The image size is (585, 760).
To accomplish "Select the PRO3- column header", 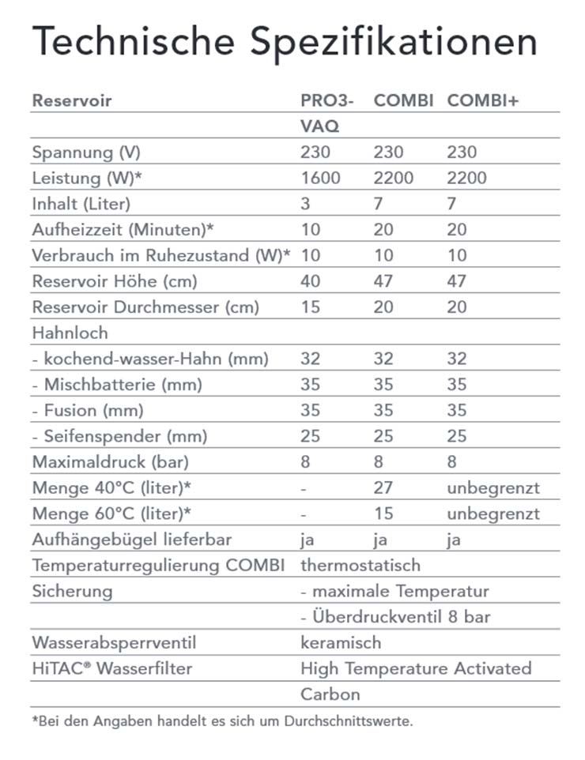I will point(327,101).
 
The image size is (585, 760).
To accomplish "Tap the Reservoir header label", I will point(72,101).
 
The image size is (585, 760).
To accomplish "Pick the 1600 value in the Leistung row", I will point(320,178).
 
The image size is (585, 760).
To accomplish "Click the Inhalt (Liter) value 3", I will point(306,204).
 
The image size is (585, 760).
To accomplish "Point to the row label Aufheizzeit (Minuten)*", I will point(123,230).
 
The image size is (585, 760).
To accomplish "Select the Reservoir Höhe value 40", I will point(311,281).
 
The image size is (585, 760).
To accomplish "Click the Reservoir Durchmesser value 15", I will point(311,307).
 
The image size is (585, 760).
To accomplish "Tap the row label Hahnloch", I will point(70,333).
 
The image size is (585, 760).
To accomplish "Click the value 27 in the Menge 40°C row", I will point(383,488).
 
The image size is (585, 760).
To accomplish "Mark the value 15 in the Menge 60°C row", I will point(383,514).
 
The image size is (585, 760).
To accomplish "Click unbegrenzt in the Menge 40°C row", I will point(493,488).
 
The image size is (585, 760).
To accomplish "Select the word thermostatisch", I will point(360,566).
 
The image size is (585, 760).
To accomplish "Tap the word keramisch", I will point(341,643).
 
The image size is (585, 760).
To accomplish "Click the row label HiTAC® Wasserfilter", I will point(111,669).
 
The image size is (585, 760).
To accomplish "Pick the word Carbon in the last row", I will point(330,695).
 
